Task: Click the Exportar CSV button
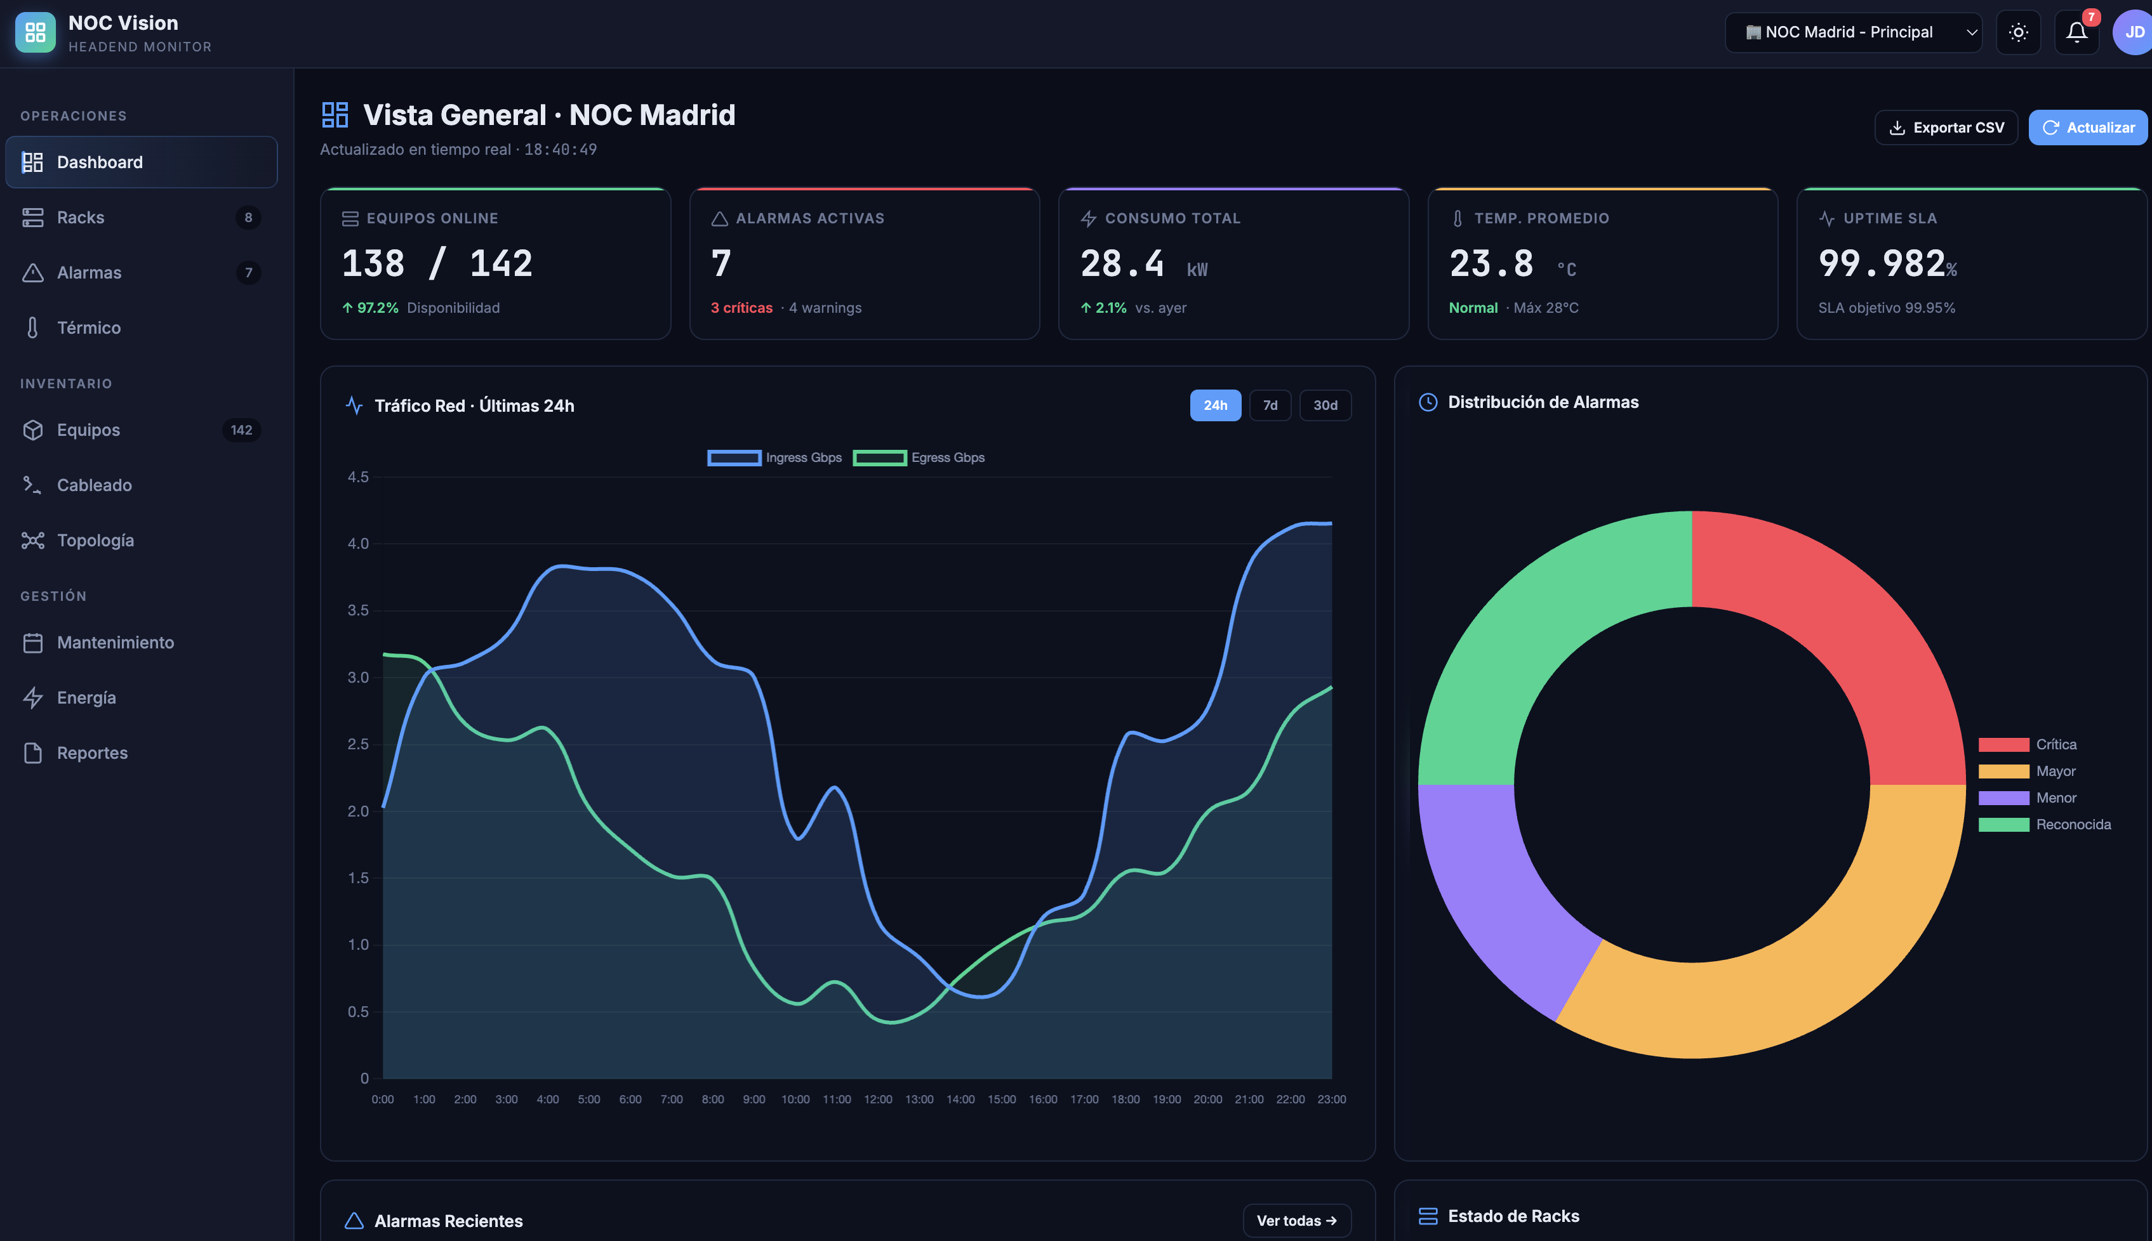tap(1946, 128)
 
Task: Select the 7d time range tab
tap(1270, 405)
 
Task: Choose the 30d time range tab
tap(1325, 405)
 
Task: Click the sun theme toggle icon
tap(2018, 32)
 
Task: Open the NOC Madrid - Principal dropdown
tap(1853, 32)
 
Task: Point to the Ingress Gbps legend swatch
tap(734, 457)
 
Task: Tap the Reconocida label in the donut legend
tap(2073, 825)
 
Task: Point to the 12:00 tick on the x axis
tap(878, 1100)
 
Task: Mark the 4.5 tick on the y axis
tap(358, 477)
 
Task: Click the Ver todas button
tap(1297, 1221)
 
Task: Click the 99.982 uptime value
tap(1882, 263)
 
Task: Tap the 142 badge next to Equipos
tap(241, 430)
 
